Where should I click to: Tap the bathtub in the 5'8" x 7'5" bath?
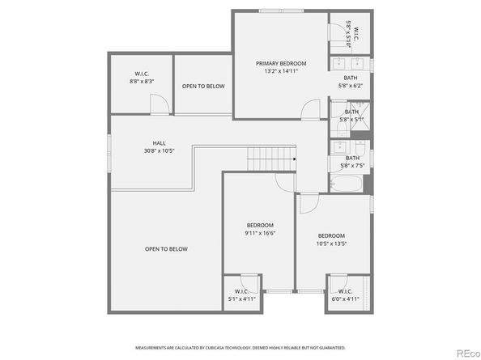click(347, 185)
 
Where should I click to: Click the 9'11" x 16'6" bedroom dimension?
click(261, 233)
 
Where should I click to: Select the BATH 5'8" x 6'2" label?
click(351, 78)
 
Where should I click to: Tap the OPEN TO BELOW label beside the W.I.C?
click(203, 86)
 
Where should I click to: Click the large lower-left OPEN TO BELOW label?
click(166, 248)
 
